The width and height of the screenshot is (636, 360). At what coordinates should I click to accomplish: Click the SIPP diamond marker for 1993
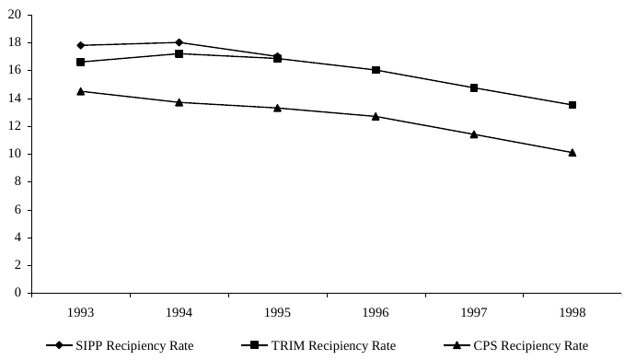pyautogui.click(x=81, y=45)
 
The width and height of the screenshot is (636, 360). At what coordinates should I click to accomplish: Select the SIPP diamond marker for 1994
pyautogui.click(x=179, y=42)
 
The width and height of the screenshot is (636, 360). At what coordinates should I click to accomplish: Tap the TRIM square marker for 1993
pyautogui.click(x=81, y=62)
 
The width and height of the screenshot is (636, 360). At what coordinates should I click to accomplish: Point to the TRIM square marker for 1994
pyautogui.click(x=179, y=53)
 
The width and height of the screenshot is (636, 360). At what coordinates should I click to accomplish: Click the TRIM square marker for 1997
pyautogui.click(x=474, y=87)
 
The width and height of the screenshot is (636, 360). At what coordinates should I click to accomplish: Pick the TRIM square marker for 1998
pyautogui.click(x=572, y=105)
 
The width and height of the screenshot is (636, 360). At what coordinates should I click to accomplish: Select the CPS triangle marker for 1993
pyautogui.click(x=81, y=91)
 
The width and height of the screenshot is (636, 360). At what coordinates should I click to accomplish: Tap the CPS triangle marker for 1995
pyautogui.click(x=277, y=108)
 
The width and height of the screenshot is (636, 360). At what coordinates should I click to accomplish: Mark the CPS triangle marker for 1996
pyautogui.click(x=376, y=116)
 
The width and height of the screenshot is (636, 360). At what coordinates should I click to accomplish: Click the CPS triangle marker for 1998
pyautogui.click(x=572, y=152)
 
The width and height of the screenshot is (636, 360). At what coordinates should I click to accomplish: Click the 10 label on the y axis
pyautogui.click(x=16, y=154)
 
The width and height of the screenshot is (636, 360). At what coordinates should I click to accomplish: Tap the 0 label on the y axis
pyautogui.click(x=19, y=293)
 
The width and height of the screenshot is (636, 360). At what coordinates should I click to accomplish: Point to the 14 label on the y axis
pyautogui.click(x=16, y=99)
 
